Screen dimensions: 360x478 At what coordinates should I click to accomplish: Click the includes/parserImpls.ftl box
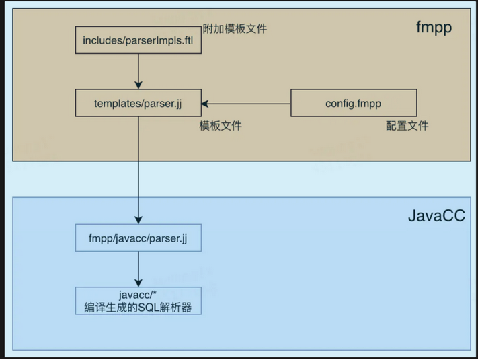(x=138, y=40)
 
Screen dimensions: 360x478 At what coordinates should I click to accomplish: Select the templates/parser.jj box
(x=138, y=104)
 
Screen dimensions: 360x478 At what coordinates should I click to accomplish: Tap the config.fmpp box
(x=354, y=104)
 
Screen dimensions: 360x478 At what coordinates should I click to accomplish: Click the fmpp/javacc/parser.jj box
(x=138, y=238)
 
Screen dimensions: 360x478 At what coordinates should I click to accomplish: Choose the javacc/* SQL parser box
(x=138, y=301)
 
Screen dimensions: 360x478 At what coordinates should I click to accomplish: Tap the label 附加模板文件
(x=235, y=29)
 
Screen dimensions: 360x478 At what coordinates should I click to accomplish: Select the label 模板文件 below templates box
(x=221, y=127)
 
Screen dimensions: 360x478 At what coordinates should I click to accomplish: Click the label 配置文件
(x=407, y=126)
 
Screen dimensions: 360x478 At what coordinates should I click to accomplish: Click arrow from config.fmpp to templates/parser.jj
(x=249, y=104)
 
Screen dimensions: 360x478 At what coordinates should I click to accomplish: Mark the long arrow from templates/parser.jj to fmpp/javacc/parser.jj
(x=138, y=168)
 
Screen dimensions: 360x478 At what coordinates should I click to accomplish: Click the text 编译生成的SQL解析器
(x=138, y=308)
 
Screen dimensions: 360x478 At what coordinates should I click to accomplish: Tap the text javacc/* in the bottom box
(x=138, y=295)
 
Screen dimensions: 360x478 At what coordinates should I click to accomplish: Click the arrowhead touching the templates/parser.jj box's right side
(x=206, y=104)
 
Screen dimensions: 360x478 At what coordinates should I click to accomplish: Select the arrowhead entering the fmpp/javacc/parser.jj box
(x=138, y=219)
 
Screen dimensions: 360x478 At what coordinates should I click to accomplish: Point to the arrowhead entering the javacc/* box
(x=138, y=282)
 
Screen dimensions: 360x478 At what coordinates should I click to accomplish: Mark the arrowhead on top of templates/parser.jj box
(x=138, y=85)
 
